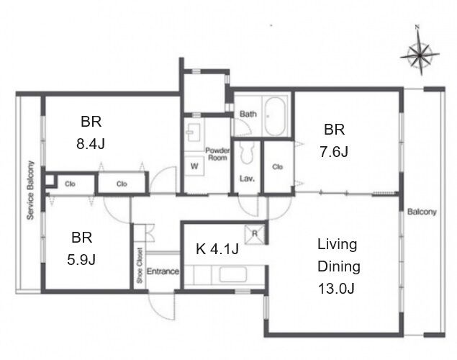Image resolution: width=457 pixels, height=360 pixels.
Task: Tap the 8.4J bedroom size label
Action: [91, 144]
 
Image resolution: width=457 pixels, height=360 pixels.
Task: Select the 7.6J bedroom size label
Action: [334, 152]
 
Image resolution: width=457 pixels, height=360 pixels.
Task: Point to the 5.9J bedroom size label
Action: [81, 259]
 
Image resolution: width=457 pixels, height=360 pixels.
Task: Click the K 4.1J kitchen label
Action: [217, 249]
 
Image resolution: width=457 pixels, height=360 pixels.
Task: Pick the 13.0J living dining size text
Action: [336, 289]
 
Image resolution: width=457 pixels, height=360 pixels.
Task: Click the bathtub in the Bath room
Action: [274, 117]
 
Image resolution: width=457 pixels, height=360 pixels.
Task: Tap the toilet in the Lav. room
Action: [247, 153]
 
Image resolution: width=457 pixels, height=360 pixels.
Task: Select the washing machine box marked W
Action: [194, 166]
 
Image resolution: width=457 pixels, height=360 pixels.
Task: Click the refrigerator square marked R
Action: [255, 234]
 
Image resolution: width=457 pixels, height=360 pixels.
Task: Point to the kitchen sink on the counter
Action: [233, 274]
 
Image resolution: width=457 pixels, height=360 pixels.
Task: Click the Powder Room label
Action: [217, 154]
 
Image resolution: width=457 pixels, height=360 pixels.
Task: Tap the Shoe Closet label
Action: [140, 265]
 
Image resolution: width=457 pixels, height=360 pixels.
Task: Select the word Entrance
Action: [163, 271]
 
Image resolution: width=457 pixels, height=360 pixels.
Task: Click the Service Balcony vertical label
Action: [30, 190]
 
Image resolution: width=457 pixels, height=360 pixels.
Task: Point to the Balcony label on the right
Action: [422, 212]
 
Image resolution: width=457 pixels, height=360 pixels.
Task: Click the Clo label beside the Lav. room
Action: [278, 167]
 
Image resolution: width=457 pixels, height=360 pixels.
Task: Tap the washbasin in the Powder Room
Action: [194, 132]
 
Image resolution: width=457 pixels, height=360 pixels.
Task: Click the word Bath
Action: [248, 114]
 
